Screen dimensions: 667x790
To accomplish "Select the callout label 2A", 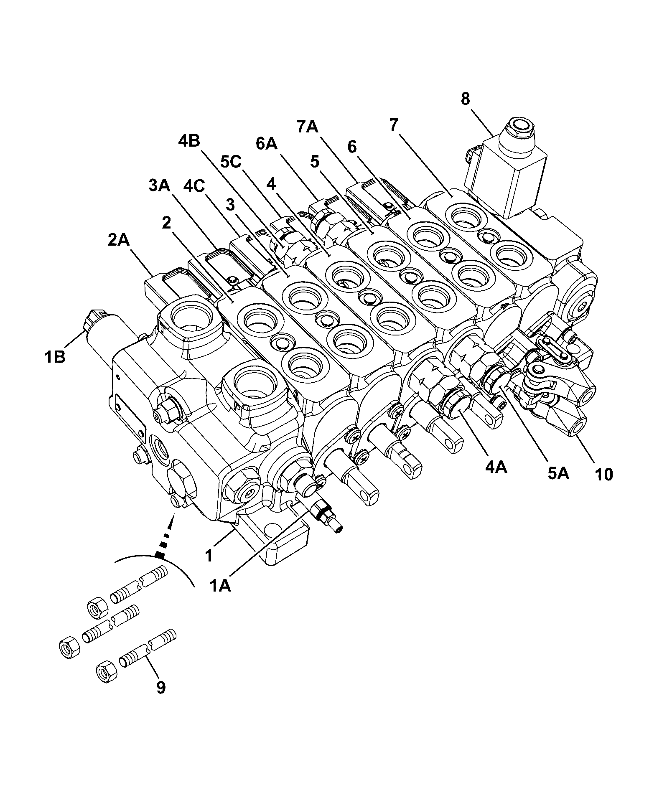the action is [119, 241].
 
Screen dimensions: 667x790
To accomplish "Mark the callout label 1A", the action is [220, 586].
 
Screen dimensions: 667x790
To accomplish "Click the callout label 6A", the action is [267, 144].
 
